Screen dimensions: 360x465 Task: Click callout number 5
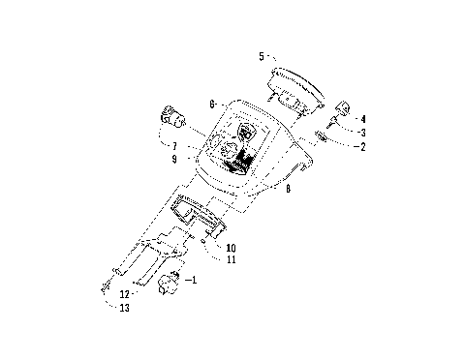(x=261, y=57)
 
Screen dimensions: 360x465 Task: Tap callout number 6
(x=211, y=102)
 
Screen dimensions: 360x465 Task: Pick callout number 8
(x=288, y=190)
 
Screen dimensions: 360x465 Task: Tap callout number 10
(x=232, y=249)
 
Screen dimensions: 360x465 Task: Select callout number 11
(x=232, y=260)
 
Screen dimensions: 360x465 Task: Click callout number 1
(x=192, y=281)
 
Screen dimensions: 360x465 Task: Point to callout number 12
(x=124, y=294)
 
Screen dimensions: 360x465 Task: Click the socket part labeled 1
(x=170, y=284)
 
